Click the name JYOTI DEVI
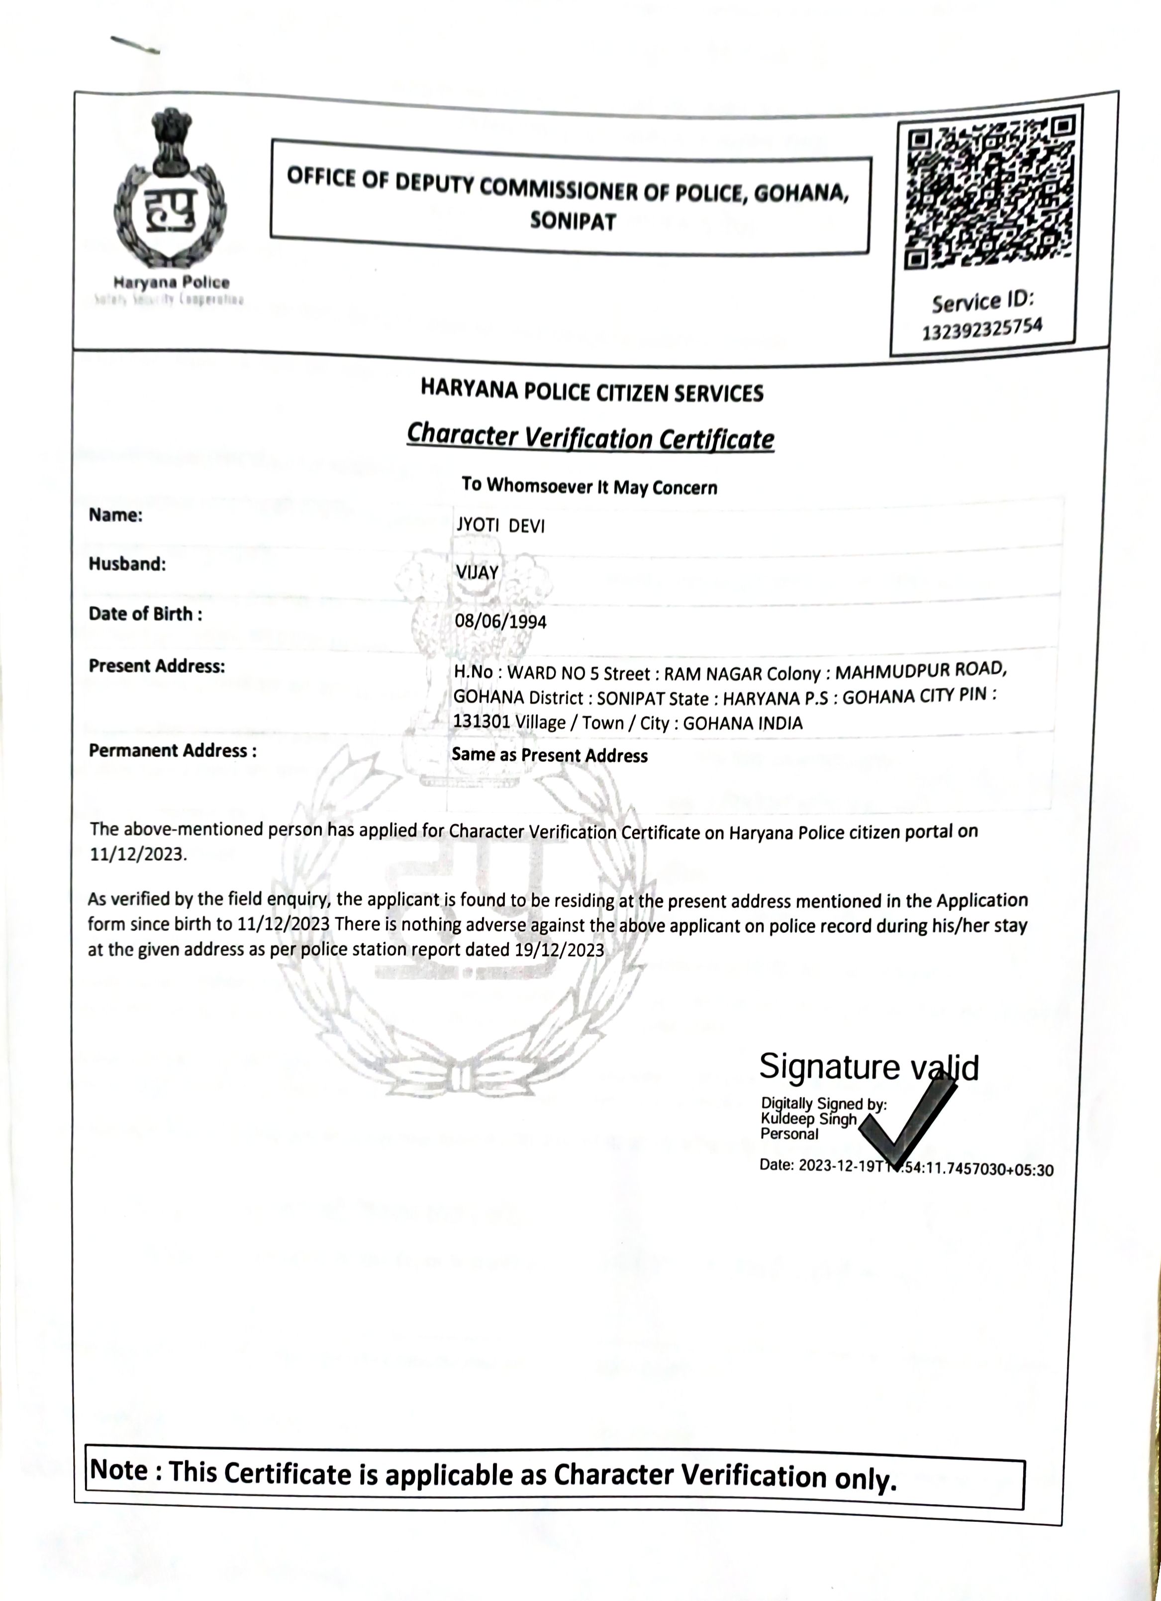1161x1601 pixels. [x=500, y=526]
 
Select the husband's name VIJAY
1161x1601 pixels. [x=477, y=573]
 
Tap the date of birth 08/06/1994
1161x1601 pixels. [x=500, y=622]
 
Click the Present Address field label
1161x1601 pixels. [x=157, y=666]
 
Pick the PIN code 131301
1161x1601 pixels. [x=480, y=721]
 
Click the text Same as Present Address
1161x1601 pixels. [x=549, y=755]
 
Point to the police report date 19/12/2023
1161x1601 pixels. [x=559, y=949]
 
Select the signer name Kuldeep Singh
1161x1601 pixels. [x=808, y=1119]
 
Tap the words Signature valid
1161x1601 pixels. [x=868, y=1067]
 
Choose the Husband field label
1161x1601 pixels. [x=127, y=564]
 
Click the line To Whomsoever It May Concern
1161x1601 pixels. [x=589, y=487]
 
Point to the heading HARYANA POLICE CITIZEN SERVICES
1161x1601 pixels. [x=591, y=391]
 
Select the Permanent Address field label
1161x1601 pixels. [x=172, y=750]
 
